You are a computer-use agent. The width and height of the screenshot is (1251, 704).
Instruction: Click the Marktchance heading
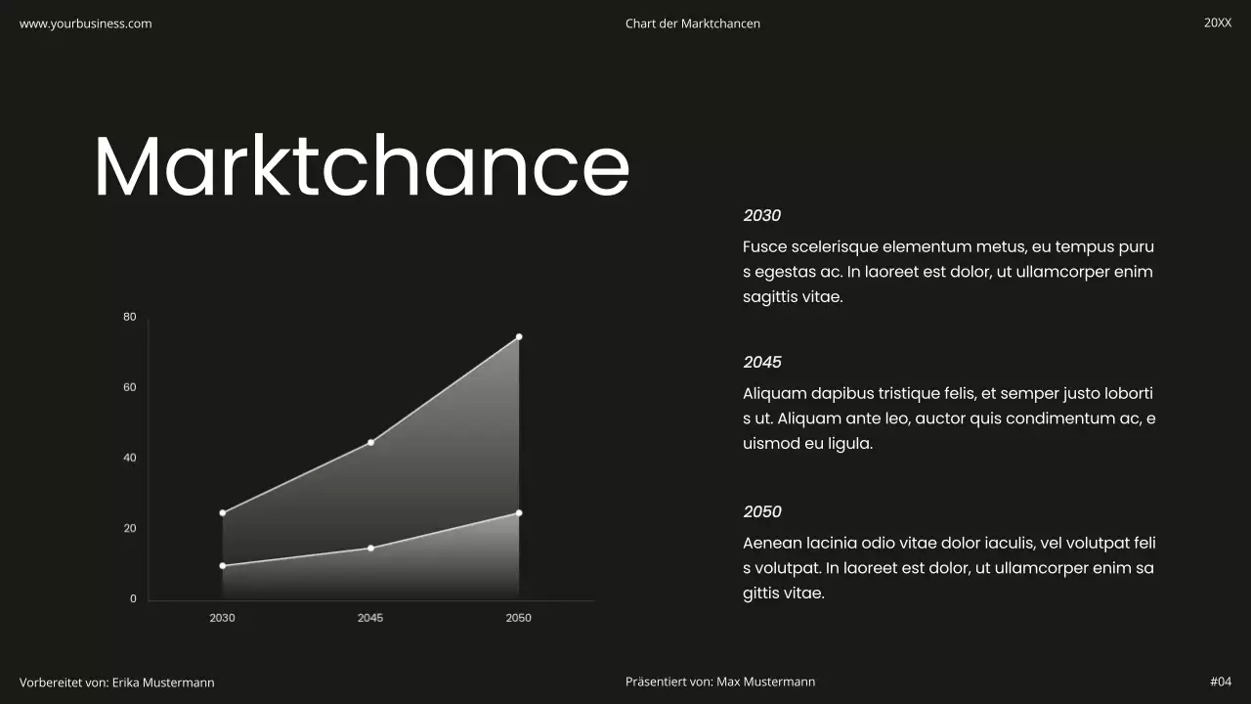coord(362,166)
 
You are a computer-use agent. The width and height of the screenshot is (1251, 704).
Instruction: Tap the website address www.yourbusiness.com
coord(86,23)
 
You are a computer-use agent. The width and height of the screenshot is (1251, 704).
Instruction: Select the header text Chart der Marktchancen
coord(692,23)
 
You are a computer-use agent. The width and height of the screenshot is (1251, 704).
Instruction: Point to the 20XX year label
coord(1218,22)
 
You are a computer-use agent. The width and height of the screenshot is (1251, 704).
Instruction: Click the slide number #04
coord(1221,682)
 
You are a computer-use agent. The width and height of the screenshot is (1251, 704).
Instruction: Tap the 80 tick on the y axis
coord(130,317)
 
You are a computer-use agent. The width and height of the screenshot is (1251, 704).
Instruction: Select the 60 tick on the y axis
coord(130,387)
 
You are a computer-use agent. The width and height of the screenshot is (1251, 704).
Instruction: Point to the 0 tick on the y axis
coord(133,598)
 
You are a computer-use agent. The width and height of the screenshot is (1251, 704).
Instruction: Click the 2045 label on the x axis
coord(370,618)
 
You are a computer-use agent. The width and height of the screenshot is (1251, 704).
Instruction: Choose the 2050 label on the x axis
coord(518,618)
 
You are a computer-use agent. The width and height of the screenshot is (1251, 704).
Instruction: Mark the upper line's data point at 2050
coord(519,337)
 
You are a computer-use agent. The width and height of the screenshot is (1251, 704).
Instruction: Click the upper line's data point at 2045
coord(370,443)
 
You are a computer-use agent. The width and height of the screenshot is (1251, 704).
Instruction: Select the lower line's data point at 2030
coord(223,566)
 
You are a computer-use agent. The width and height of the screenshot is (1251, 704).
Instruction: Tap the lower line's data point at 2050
coord(519,513)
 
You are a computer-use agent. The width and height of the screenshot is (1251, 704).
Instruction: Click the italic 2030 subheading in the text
coord(761,216)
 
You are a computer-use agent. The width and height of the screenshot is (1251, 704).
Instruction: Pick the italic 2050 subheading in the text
coord(761,512)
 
